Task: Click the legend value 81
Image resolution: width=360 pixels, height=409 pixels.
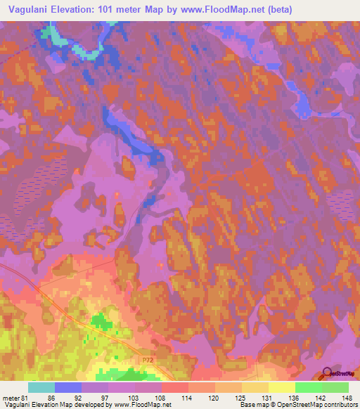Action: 27,397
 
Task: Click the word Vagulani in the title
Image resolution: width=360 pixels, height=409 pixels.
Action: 27,9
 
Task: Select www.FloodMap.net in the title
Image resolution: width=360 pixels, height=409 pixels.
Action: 221,9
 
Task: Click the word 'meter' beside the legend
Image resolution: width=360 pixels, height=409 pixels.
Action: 11,397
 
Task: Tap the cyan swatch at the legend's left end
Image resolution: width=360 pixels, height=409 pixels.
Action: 41,387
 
